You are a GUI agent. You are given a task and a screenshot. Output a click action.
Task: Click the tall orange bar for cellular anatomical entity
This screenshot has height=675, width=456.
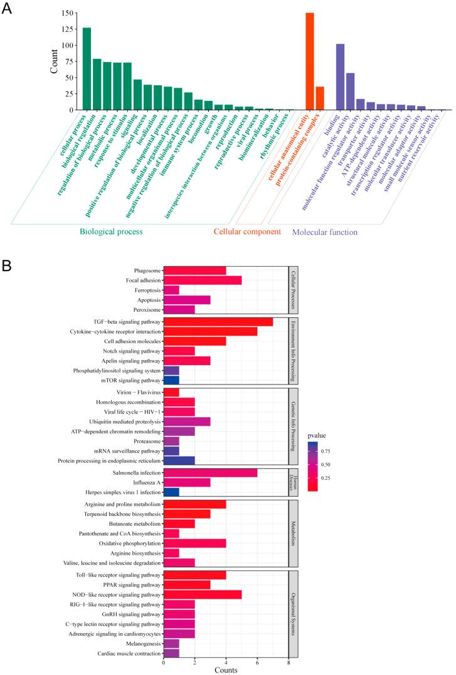pos(309,61)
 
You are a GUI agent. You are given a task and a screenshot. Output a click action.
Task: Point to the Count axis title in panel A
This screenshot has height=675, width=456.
pos(55,61)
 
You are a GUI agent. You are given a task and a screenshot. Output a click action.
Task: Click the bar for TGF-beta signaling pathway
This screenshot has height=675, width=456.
pos(218,321)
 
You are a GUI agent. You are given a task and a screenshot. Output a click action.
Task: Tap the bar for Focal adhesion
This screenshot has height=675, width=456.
pos(202,281)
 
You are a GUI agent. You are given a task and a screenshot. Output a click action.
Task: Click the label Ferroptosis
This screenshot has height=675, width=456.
pos(144,291)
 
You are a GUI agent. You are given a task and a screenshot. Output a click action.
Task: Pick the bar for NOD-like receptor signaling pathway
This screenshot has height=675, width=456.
pos(202,594)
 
